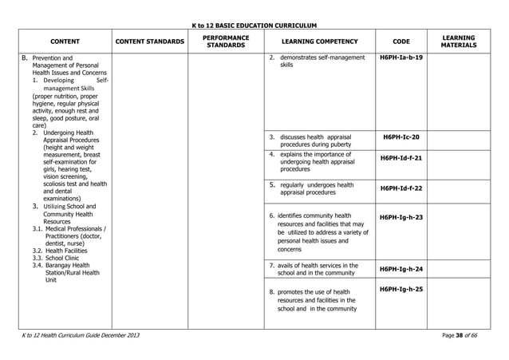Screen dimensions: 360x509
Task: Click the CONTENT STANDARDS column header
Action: click(x=150, y=42)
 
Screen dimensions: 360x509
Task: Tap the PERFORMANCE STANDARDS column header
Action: click(x=226, y=42)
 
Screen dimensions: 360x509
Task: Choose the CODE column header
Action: click(x=402, y=42)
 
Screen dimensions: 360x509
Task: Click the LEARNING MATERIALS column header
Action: click(x=464, y=42)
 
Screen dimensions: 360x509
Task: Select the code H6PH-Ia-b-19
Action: click(x=402, y=57)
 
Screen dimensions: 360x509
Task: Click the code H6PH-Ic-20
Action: click(x=402, y=136)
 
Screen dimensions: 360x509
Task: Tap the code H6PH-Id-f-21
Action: click(x=402, y=158)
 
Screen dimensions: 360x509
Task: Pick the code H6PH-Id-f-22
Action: click(x=402, y=188)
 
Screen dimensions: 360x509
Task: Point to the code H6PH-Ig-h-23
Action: click(x=402, y=217)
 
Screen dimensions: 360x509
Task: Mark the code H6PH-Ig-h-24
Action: click(x=402, y=269)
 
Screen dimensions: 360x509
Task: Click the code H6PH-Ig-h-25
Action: click(x=402, y=288)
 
